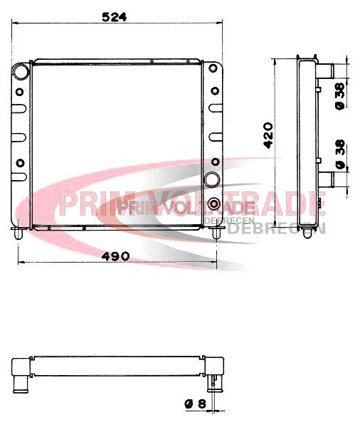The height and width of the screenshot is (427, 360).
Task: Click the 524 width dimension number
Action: [x=115, y=17]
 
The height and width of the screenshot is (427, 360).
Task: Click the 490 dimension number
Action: [x=115, y=256]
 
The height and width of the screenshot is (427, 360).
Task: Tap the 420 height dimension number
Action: [x=268, y=135]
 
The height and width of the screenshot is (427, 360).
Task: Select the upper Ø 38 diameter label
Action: [x=340, y=96]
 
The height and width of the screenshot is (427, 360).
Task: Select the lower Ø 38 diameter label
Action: [x=340, y=154]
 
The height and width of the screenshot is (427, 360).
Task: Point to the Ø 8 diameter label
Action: [x=195, y=404]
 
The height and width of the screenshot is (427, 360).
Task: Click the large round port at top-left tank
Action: [x=21, y=72]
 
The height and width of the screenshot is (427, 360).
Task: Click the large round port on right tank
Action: [x=212, y=179]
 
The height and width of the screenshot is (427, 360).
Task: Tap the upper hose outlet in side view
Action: [x=326, y=70]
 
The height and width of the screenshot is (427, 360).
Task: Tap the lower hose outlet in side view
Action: [x=326, y=180]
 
